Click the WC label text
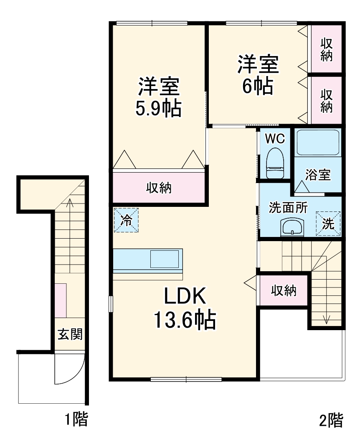[274, 138]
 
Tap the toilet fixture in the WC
[275, 163]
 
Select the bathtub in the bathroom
[317, 143]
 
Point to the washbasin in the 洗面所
[292, 227]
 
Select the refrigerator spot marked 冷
[126, 220]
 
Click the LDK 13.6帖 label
[185, 308]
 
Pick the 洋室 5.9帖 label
[159, 97]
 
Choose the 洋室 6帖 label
[258, 75]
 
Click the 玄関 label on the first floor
[70, 334]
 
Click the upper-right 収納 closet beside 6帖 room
[327, 49]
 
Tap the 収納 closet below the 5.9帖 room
[159, 188]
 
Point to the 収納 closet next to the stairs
[284, 290]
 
